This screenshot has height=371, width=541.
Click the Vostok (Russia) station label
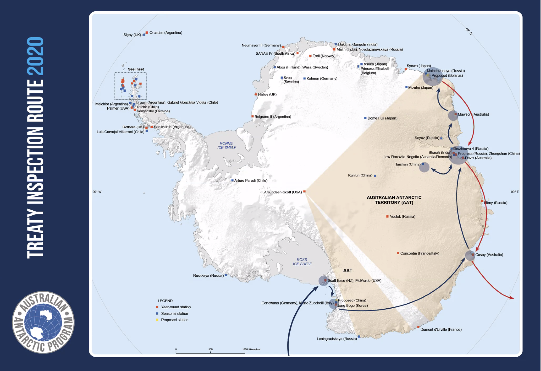(x=402, y=216)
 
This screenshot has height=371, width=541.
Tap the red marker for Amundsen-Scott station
(x=304, y=191)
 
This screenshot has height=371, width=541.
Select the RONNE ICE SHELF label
(x=226, y=145)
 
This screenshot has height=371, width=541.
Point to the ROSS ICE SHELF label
(x=302, y=262)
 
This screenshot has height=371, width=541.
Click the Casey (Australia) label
(x=489, y=255)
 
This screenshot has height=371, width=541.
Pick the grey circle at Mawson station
(x=453, y=115)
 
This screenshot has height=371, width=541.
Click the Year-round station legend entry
(x=176, y=307)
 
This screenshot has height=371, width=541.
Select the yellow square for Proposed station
(x=157, y=320)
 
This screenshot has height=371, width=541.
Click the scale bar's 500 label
(x=210, y=349)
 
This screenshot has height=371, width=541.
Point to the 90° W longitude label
(x=97, y=192)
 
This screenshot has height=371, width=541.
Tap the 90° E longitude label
(x=515, y=192)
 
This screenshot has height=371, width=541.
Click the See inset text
(x=136, y=69)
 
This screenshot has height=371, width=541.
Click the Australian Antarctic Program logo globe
(x=43, y=322)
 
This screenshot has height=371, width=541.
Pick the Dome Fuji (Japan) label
(x=382, y=118)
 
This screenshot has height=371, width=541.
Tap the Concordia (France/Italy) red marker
(x=398, y=253)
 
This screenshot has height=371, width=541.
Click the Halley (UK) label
(x=267, y=94)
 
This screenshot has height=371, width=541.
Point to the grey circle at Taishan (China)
(x=424, y=167)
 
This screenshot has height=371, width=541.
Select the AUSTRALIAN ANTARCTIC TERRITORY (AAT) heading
(x=394, y=200)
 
